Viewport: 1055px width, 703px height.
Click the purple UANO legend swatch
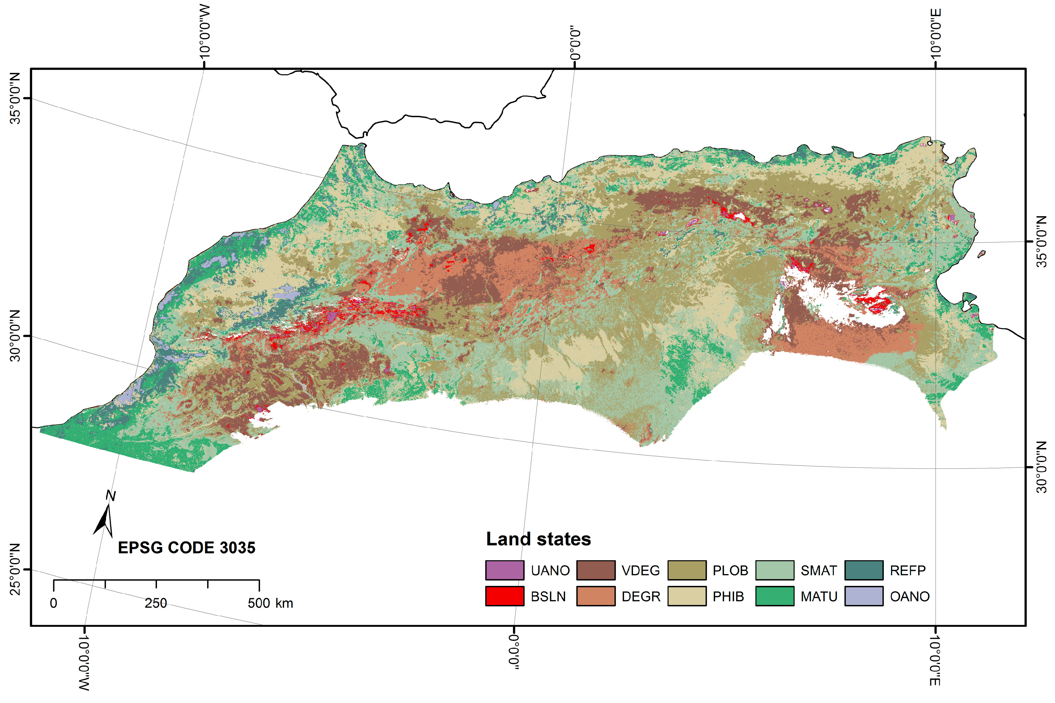click(x=504, y=570)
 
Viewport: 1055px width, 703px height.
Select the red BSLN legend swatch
click(x=504, y=596)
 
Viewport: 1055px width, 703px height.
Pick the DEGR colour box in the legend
click(x=596, y=596)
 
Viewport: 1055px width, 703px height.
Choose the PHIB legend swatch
click(x=687, y=596)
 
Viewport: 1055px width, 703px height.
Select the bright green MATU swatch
click(x=774, y=596)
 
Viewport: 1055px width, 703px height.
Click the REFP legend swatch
click(x=864, y=570)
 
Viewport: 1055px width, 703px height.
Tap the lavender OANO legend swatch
click(x=864, y=596)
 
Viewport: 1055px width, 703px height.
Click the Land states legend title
click(x=538, y=539)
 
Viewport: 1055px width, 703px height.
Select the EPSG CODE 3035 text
click(x=186, y=547)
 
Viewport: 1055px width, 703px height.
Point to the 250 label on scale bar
click(x=156, y=603)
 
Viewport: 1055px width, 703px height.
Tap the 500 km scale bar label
click(x=270, y=603)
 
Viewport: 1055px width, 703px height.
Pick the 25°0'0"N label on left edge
click(x=15, y=569)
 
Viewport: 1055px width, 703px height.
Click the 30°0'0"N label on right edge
click(x=1042, y=467)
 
